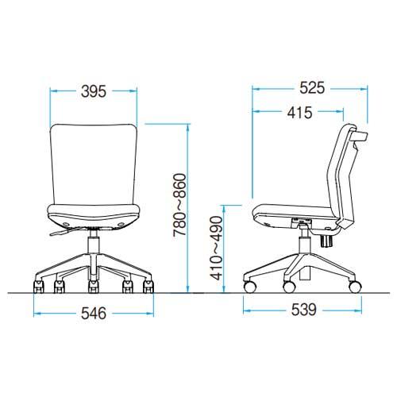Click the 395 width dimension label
94,91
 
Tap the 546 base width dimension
94,314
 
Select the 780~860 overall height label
180,205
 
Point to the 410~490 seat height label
216,248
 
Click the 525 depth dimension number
312,88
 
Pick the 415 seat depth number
300,113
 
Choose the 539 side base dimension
304,310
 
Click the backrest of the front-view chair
94,164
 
